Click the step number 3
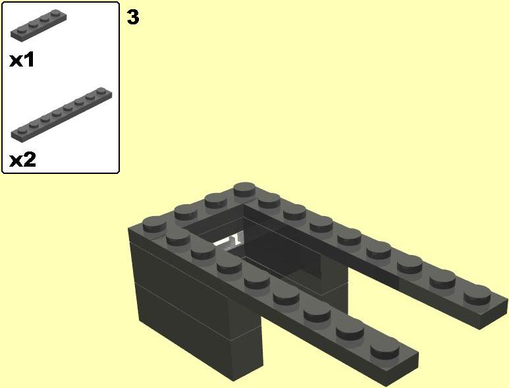click(133, 17)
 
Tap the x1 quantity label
click(22, 60)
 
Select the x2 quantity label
click(22, 159)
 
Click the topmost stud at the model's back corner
click(245, 189)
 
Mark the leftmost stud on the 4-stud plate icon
click(16, 28)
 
